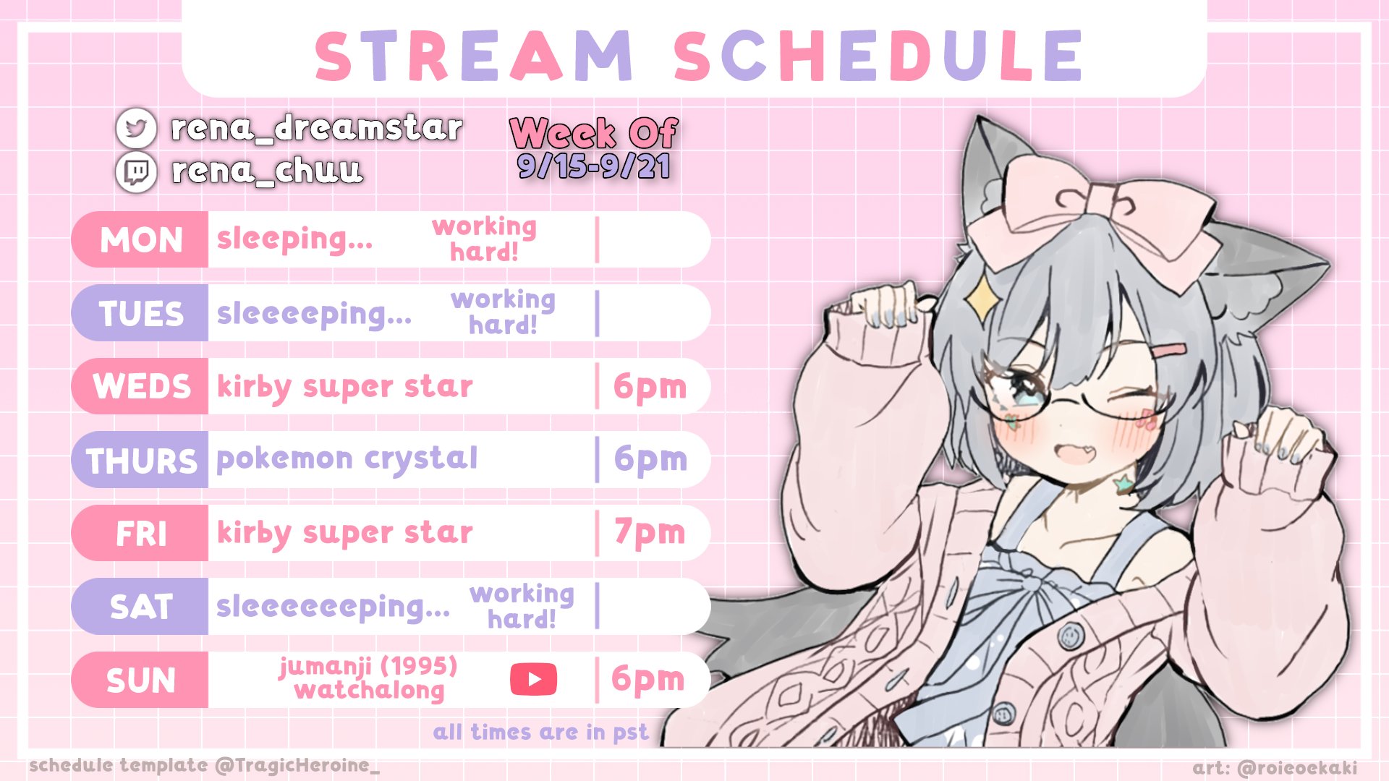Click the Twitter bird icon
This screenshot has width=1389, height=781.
tap(136, 128)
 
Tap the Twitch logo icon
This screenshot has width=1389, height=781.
tap(136, 172)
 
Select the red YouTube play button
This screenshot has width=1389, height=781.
tap(533, 679)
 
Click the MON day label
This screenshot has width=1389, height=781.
tap(141, 240)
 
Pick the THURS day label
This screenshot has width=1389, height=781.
tap(142, 461)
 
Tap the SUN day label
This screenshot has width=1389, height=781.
tap(141, 680)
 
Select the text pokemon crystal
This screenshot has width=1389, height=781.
tap(347, 459)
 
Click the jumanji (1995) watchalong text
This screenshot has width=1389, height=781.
tap(368, 678)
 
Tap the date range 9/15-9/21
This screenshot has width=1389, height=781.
tap(593, 166)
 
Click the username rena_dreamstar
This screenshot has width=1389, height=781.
tap(316, 128)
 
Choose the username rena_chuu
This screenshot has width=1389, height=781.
tap(267, 171)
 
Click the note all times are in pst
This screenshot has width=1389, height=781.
tap(540, 733)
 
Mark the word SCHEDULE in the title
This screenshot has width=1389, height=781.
tap(878, 56)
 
